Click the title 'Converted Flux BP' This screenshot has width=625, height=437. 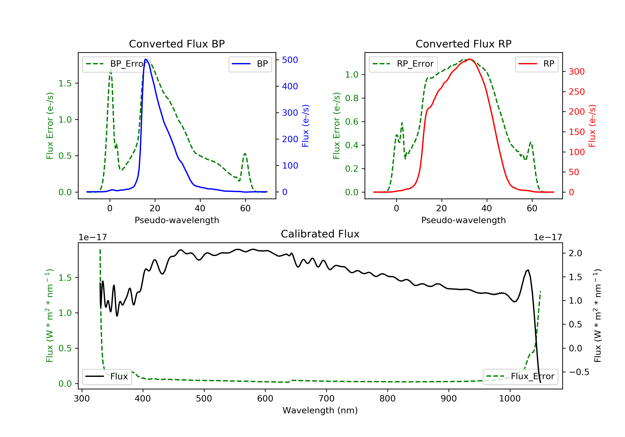coord(177,44)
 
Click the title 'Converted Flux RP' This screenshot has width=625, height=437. coord(463,44)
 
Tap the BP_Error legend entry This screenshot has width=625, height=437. coord(116,64)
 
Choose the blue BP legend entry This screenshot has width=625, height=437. coord(250,64)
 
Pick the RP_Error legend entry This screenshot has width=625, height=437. coord(403,64)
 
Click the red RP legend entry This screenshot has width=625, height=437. coord(536,64)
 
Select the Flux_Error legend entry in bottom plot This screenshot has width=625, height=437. coord(520,376)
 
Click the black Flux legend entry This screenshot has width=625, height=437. coord(107,376)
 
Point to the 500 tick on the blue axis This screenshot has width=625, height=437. coord(290,60)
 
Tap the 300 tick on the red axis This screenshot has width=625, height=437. coord(576,72)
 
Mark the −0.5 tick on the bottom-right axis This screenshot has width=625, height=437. coord(579,372)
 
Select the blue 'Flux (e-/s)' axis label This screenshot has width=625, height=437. coord(305,126)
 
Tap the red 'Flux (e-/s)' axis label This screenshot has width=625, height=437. coord(592,126)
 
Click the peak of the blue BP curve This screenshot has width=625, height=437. coord(146,59)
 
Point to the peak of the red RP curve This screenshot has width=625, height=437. coord(470,59)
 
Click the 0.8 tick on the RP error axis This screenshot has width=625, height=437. coord(351,98)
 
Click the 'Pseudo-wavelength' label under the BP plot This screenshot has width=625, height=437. coord(177,220)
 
